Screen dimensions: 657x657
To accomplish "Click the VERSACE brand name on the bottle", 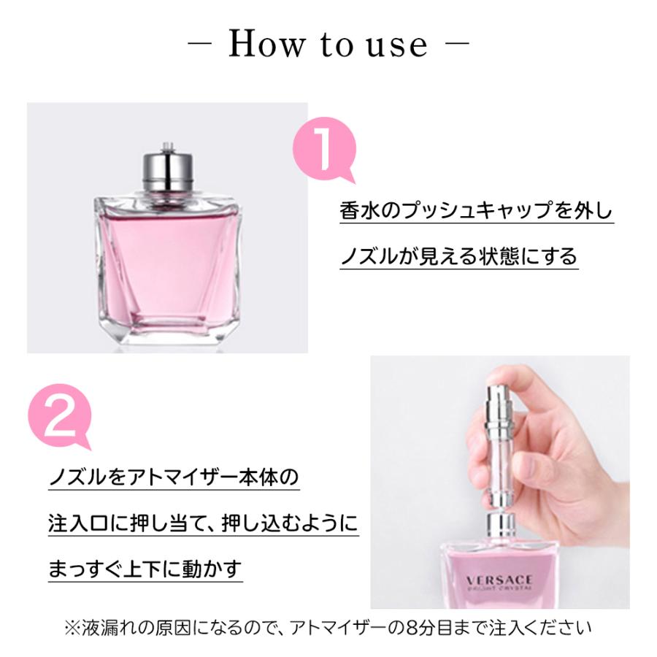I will (499, 580).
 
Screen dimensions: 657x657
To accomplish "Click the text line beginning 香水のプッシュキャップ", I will (477, 211).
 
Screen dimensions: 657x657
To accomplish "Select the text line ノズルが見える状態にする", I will (458, 256).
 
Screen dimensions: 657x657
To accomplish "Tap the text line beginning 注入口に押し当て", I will (203, 523).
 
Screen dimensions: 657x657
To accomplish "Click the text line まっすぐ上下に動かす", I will (145, 568).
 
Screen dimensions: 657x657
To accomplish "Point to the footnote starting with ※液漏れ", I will (328, 626).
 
